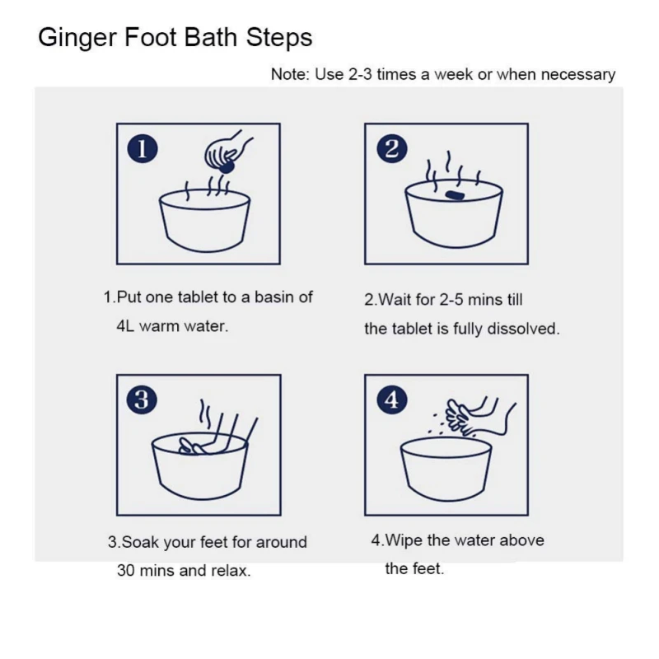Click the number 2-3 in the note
[x=360, y=74]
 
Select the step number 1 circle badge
[x=143, y=149]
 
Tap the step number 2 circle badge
[x=392, y=149]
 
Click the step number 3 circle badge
[x=142, y=400]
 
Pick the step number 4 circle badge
[x=392, y=400]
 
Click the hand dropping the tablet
[x=226, y=151]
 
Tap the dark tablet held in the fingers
[x=227, y=167]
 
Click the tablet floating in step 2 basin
[x=454, y=195]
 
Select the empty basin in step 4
[x=446, y=469]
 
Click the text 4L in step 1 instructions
[x=125, y=326]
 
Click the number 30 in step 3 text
[x=126, y=571]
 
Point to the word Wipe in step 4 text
[x=404, y=540]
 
